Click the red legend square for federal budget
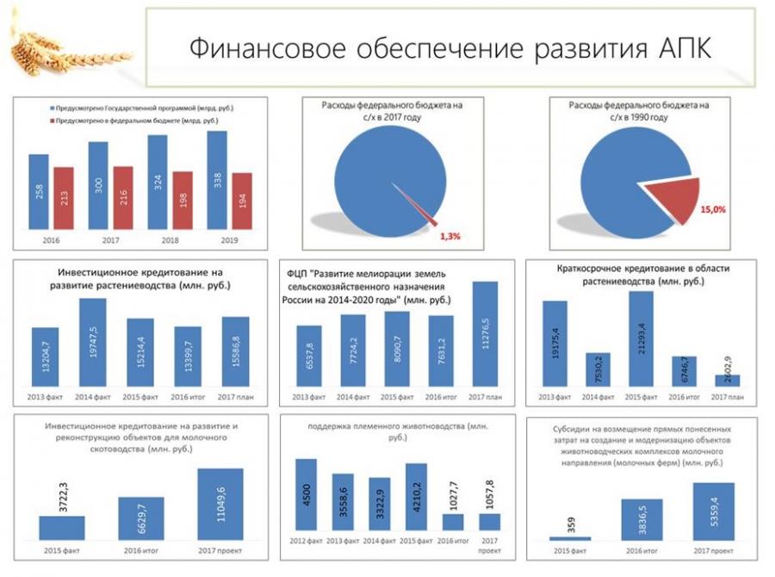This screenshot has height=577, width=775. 48,121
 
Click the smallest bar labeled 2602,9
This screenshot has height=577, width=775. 728,380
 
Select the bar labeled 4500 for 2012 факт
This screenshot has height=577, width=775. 307,494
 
